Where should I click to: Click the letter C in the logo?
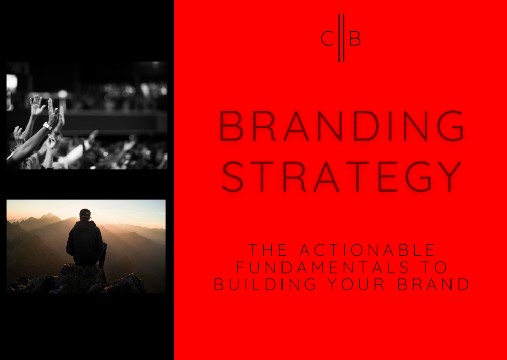(x=327, y=39)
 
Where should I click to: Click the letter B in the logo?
(x=355, y=39)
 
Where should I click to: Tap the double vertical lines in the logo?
(x=341, y=38)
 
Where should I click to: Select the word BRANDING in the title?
(x=342, y=126)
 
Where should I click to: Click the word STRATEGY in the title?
(x=342, y=176)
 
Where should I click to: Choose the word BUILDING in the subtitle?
(x=265, y=284)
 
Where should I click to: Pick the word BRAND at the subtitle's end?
(x=433, y=284)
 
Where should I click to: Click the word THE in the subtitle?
(x=268, y=250)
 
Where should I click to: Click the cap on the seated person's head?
(x=85, y=213)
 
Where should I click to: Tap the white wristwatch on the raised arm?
(x=47, y=126)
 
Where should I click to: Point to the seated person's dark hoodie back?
(x=85, y=243)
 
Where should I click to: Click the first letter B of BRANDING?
(x=231, y=126)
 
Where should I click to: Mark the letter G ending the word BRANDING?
(x=450, y=126)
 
